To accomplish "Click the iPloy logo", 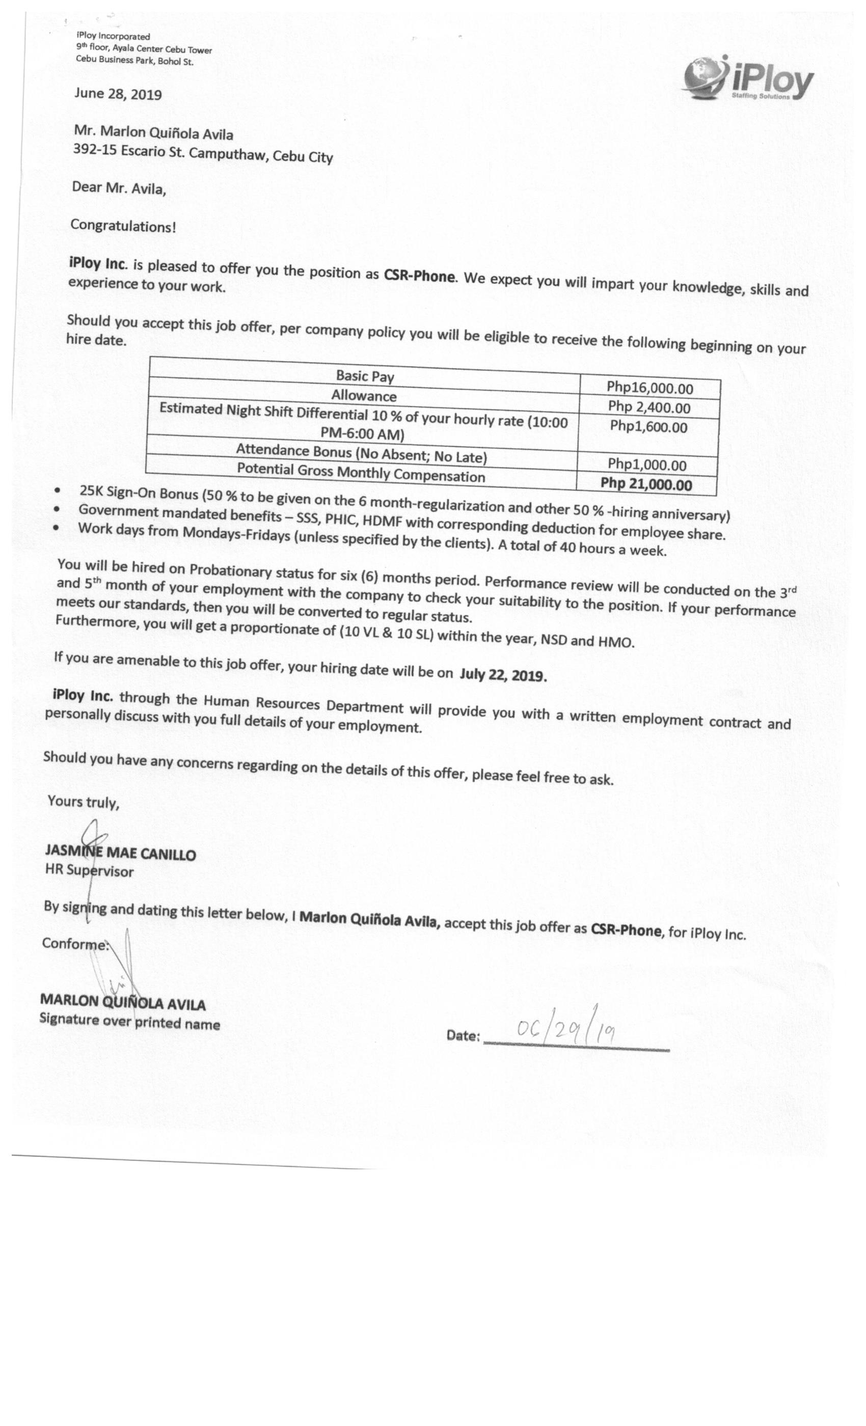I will (x=748, y=79).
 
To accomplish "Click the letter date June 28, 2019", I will (x=118, y=94).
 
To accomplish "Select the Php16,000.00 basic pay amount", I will (x=649, y=388).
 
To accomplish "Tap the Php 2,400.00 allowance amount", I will (x=649, y=407).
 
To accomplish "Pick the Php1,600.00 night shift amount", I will (x=648, y=427).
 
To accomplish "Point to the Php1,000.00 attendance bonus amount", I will (x=647, y=464).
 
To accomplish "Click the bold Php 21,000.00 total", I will (x=646, y=484).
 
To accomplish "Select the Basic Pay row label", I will (x=365, y=376).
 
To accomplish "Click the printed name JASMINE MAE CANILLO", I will (x=120, y=853).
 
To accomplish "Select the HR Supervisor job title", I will (x=89, y=870).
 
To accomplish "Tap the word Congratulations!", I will (x=123, y=226).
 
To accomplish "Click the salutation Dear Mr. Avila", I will (x=119, y=188).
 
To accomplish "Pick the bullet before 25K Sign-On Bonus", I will (x=57, y=490).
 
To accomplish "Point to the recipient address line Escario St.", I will (x=203, y=154).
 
